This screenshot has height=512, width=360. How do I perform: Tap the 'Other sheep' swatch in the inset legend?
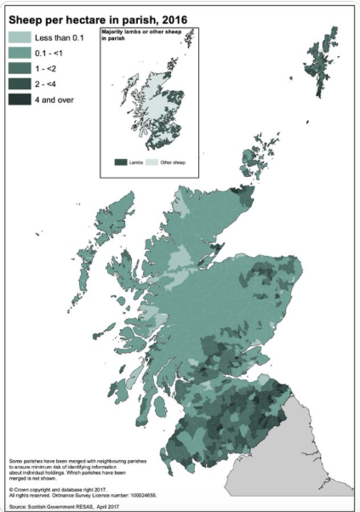(161, 159)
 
